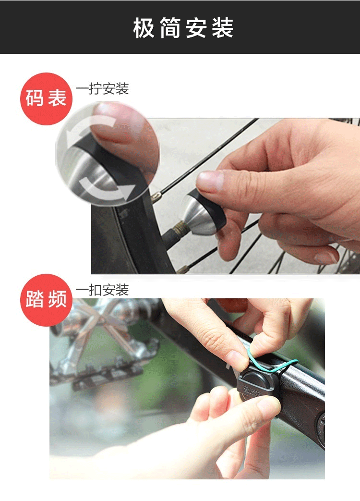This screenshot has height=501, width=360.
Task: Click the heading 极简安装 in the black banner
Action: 183,28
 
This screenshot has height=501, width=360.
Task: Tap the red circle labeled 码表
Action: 46,99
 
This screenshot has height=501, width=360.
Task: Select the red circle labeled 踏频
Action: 46,300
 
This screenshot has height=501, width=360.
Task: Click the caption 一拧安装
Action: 102,89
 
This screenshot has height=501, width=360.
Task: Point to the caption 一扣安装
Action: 102,290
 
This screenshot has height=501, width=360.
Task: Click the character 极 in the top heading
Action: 144,28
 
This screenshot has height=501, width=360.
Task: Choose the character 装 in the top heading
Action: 222,28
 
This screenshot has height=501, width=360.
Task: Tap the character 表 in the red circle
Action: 58,98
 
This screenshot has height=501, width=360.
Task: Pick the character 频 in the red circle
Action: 58,299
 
